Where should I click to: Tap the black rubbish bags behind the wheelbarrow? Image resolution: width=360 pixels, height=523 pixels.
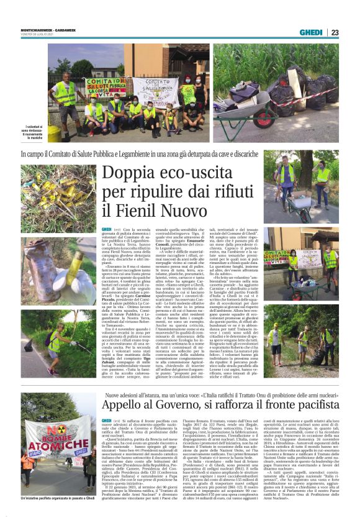tap(310, 87)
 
